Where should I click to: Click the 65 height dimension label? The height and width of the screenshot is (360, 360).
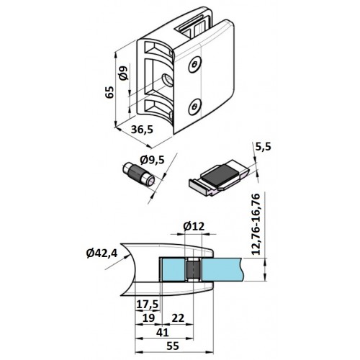pyautogui.click(x=110, y=91)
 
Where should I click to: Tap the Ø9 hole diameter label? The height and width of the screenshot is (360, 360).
pyautogui.click(x=123, y=73)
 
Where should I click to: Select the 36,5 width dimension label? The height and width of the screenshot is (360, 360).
pyautogui.click(x=142, y=130)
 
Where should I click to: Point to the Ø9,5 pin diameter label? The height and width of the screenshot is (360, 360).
pyautogui.click(x=153, y=160)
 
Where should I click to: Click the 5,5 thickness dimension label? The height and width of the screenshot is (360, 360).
pyautogui.click(x=263, y=146)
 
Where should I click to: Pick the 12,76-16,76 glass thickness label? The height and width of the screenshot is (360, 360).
pyautogui.click(x=255, y=224)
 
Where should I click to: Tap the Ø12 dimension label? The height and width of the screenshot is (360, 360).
pyautogui.click(x=194, y=226)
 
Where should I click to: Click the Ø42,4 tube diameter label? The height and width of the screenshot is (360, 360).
pyautogui.click(x=102, y=253)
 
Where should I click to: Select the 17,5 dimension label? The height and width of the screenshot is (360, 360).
pyautogui.click(x=148, y=305)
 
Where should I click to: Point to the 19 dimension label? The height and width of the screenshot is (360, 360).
pyautogui.click(x=148, y=318)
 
